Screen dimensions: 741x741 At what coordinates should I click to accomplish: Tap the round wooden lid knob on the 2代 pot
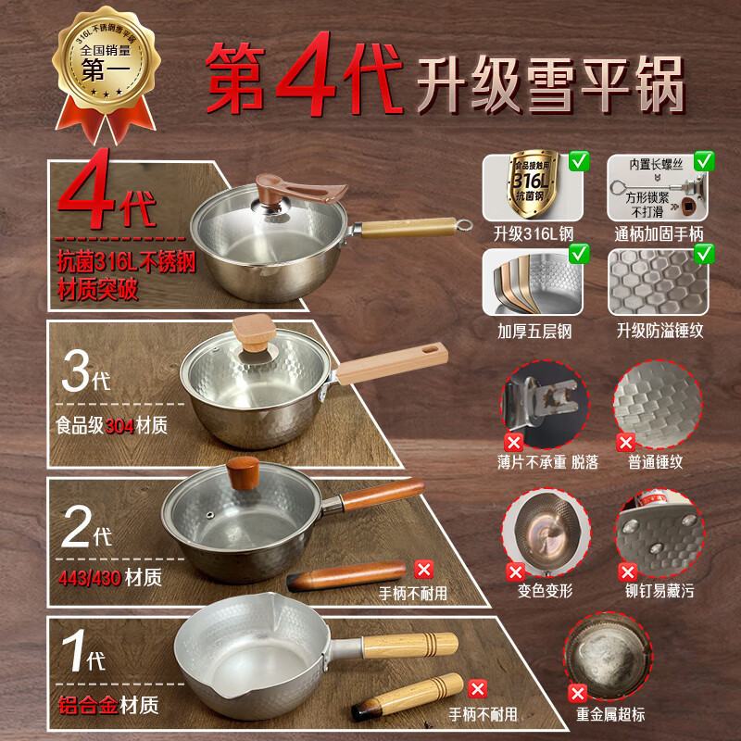(246, 474)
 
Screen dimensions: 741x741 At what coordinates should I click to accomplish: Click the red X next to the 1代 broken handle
(477, 688)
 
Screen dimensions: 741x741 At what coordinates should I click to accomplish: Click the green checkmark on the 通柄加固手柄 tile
(704, 161)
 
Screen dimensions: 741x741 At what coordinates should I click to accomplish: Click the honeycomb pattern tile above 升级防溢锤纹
(659, 282)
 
